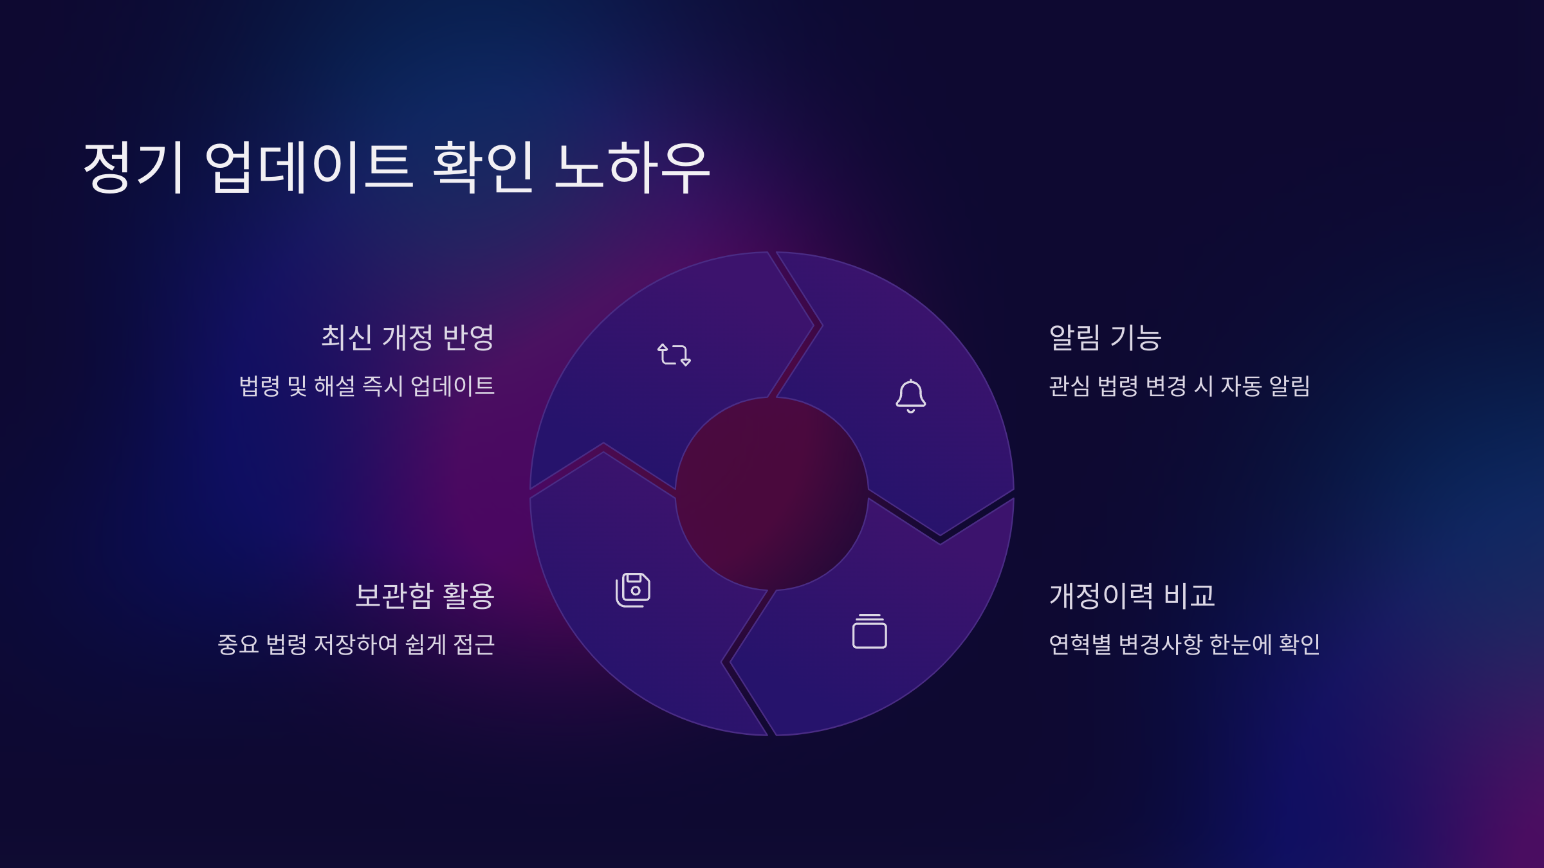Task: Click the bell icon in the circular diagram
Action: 910,396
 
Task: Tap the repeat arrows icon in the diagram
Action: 674,354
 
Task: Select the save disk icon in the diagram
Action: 633,590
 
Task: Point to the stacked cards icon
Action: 869,631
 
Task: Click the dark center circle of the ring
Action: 771,494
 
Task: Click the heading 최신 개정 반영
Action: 407,338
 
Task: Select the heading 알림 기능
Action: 1105,338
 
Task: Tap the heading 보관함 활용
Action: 425,595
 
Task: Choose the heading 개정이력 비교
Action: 1132,595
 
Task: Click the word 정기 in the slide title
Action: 134,167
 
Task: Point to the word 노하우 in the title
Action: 632,167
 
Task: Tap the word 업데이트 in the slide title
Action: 309,167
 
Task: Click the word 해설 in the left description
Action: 335,386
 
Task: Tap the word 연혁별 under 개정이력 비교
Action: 1080,644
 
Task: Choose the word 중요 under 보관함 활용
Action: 238,644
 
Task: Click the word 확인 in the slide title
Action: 483,167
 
